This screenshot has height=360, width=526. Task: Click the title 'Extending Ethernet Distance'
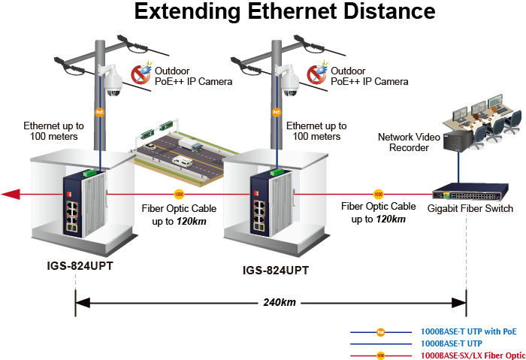284,12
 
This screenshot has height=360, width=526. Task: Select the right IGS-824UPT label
275,269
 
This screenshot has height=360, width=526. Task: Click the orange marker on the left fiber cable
179,194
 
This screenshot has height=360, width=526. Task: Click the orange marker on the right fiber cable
379,194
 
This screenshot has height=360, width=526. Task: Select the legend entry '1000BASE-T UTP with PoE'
468,331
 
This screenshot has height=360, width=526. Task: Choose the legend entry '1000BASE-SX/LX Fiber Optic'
473,354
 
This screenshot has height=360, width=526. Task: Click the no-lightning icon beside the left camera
141,73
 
